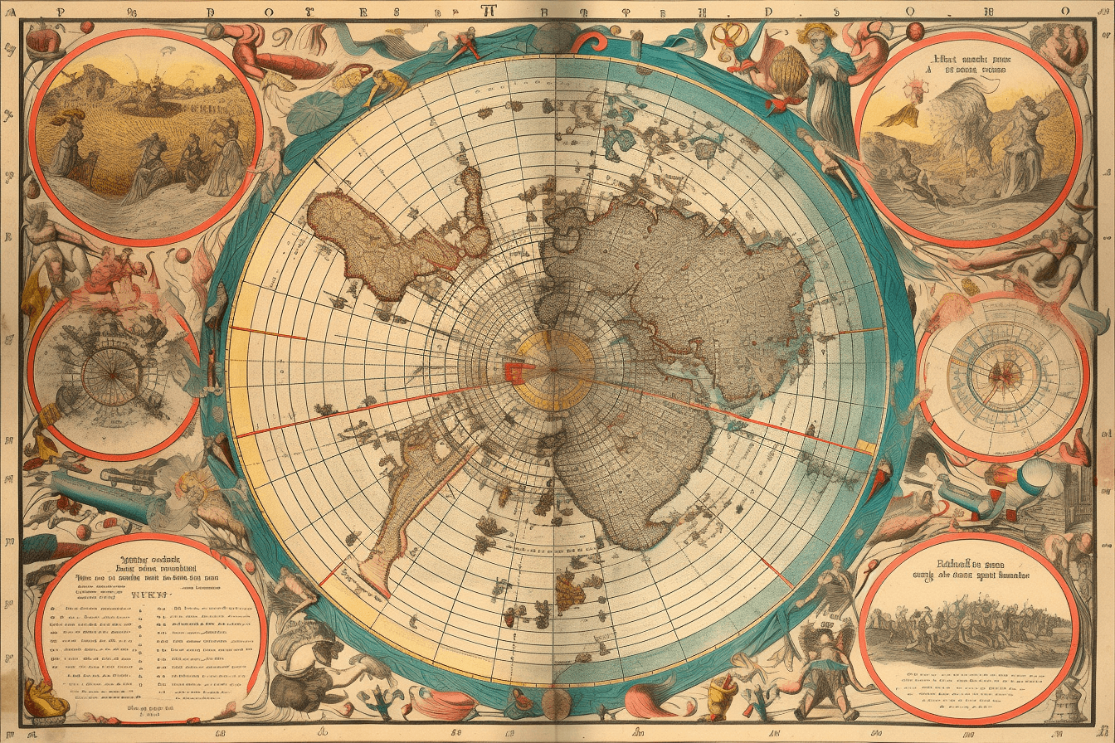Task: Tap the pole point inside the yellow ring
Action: point(553,369)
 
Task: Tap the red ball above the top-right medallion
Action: point(914,31)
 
